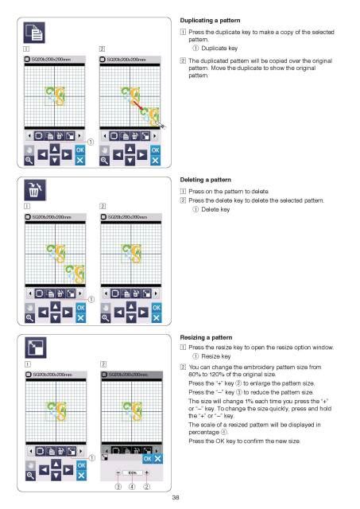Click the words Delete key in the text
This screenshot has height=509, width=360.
click(x=219, y=210)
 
